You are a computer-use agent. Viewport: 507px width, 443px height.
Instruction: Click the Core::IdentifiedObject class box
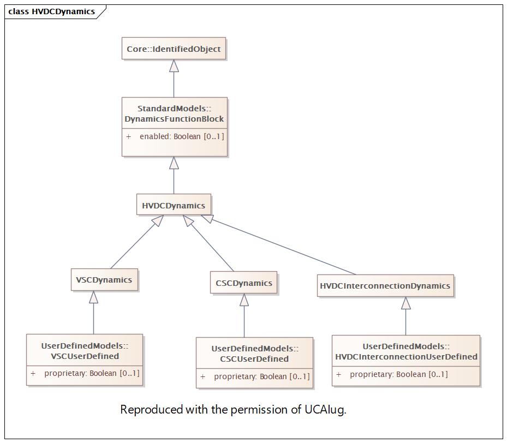click(174, 49)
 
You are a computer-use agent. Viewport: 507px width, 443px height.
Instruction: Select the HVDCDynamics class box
click(174, 205)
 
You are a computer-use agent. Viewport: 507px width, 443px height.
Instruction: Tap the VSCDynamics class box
click(104, 279)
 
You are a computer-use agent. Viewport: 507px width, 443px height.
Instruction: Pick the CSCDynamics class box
click(244, 283)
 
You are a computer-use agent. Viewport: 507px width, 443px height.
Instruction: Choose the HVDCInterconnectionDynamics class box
click(385, 286)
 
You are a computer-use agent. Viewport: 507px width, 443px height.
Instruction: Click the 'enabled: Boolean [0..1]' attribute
click(182, 136)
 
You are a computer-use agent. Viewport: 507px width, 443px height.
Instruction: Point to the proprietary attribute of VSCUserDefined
click(92, 373)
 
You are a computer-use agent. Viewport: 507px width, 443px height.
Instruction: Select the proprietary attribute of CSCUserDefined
click(261, 376)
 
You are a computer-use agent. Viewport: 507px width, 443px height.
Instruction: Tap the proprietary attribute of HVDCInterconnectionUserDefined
click(399, 374)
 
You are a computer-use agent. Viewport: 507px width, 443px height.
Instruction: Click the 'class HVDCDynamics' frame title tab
click(52, 11)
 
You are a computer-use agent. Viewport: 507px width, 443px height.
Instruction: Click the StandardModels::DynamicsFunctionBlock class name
click(174, 113)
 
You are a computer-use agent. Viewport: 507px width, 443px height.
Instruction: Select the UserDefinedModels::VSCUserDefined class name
click(85, 351)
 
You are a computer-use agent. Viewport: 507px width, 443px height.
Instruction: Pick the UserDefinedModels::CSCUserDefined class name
click(255, 354)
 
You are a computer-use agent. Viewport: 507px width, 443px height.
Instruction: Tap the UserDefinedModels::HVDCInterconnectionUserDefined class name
click(406, 351)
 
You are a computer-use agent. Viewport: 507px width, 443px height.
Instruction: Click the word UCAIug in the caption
click(325, 409)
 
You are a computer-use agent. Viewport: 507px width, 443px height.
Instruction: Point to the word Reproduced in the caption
click(151, 409)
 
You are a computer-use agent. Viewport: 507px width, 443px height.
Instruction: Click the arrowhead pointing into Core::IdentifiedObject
click(174, 65)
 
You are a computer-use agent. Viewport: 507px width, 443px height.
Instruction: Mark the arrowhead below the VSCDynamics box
click(94, 297)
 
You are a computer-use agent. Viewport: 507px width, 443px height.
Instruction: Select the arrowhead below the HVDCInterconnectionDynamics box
click(406, 303)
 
